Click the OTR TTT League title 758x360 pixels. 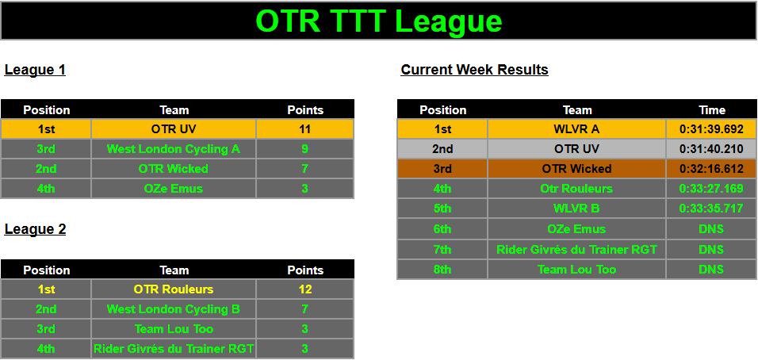[378, 21]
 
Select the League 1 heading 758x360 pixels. [35, 70]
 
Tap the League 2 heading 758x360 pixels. [35, 228]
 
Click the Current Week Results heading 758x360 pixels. [474, 70]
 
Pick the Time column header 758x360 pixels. [712, 110]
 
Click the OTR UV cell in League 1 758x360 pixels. [174, 129]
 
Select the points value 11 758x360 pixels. [304, 129]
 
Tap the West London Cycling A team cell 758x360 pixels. [174, 149]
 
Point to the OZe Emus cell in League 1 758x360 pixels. [174, 189]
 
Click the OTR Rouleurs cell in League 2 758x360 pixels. [174, 289]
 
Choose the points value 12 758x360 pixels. [304, 289]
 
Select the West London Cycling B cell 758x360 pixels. [174, 309]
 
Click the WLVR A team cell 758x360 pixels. [576, 129]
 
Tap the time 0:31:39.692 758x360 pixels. [711, 129]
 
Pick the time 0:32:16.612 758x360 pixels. [711, 169]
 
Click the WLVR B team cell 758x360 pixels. [576, 209]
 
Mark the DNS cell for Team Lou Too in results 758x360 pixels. [711, 269]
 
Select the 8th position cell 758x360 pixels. [442, 269]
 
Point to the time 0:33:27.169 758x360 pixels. [711, 189]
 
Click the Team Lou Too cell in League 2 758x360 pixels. [174, 329]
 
